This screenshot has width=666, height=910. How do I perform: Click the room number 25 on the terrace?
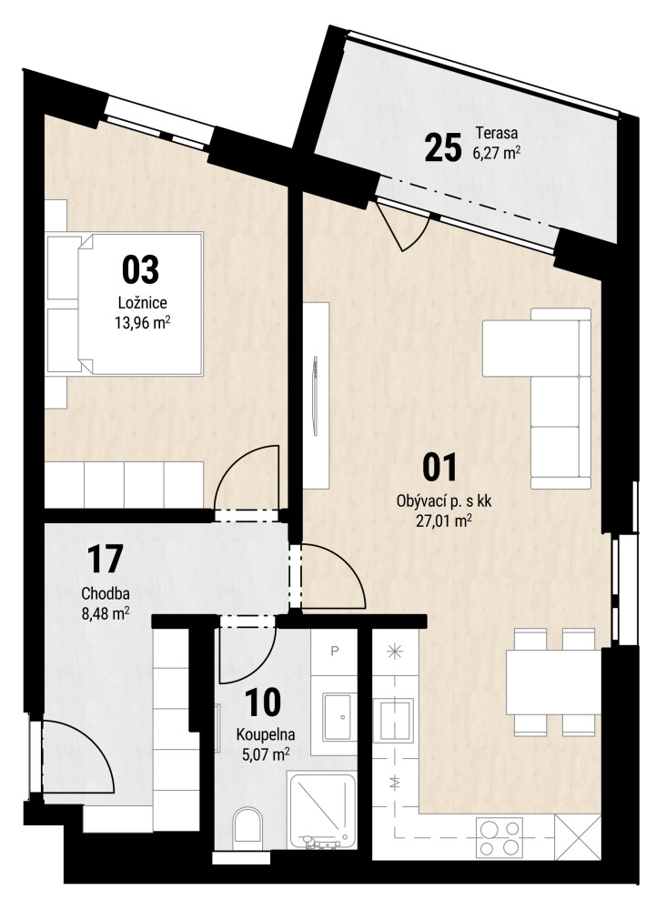point(443,147)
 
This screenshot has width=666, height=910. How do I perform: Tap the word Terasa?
point(497,133)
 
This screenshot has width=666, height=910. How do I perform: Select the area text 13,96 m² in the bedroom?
point(143,323)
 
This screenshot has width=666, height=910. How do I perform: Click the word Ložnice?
point(143,302)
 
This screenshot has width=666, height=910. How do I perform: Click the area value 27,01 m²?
point(443,521)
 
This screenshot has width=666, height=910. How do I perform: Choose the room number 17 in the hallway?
point(105,559)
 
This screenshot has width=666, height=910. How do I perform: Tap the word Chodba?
point(105,593)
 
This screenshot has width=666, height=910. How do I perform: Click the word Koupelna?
point(266,734)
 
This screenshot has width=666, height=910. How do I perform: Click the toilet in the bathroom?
point(247,824)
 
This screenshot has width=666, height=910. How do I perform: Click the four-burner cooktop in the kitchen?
point(499,837)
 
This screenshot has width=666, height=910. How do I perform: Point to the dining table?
point(553,682)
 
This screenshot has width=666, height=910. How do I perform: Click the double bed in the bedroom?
point(124,303)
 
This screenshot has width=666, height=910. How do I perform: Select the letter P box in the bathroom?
point(334,652)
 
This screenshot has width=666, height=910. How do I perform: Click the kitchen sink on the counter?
point(397,720)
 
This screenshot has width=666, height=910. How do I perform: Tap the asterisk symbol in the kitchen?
point(395,652)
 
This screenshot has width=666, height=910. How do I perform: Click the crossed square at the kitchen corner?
point(578,837)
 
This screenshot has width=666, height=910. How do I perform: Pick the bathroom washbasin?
point(337,716)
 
